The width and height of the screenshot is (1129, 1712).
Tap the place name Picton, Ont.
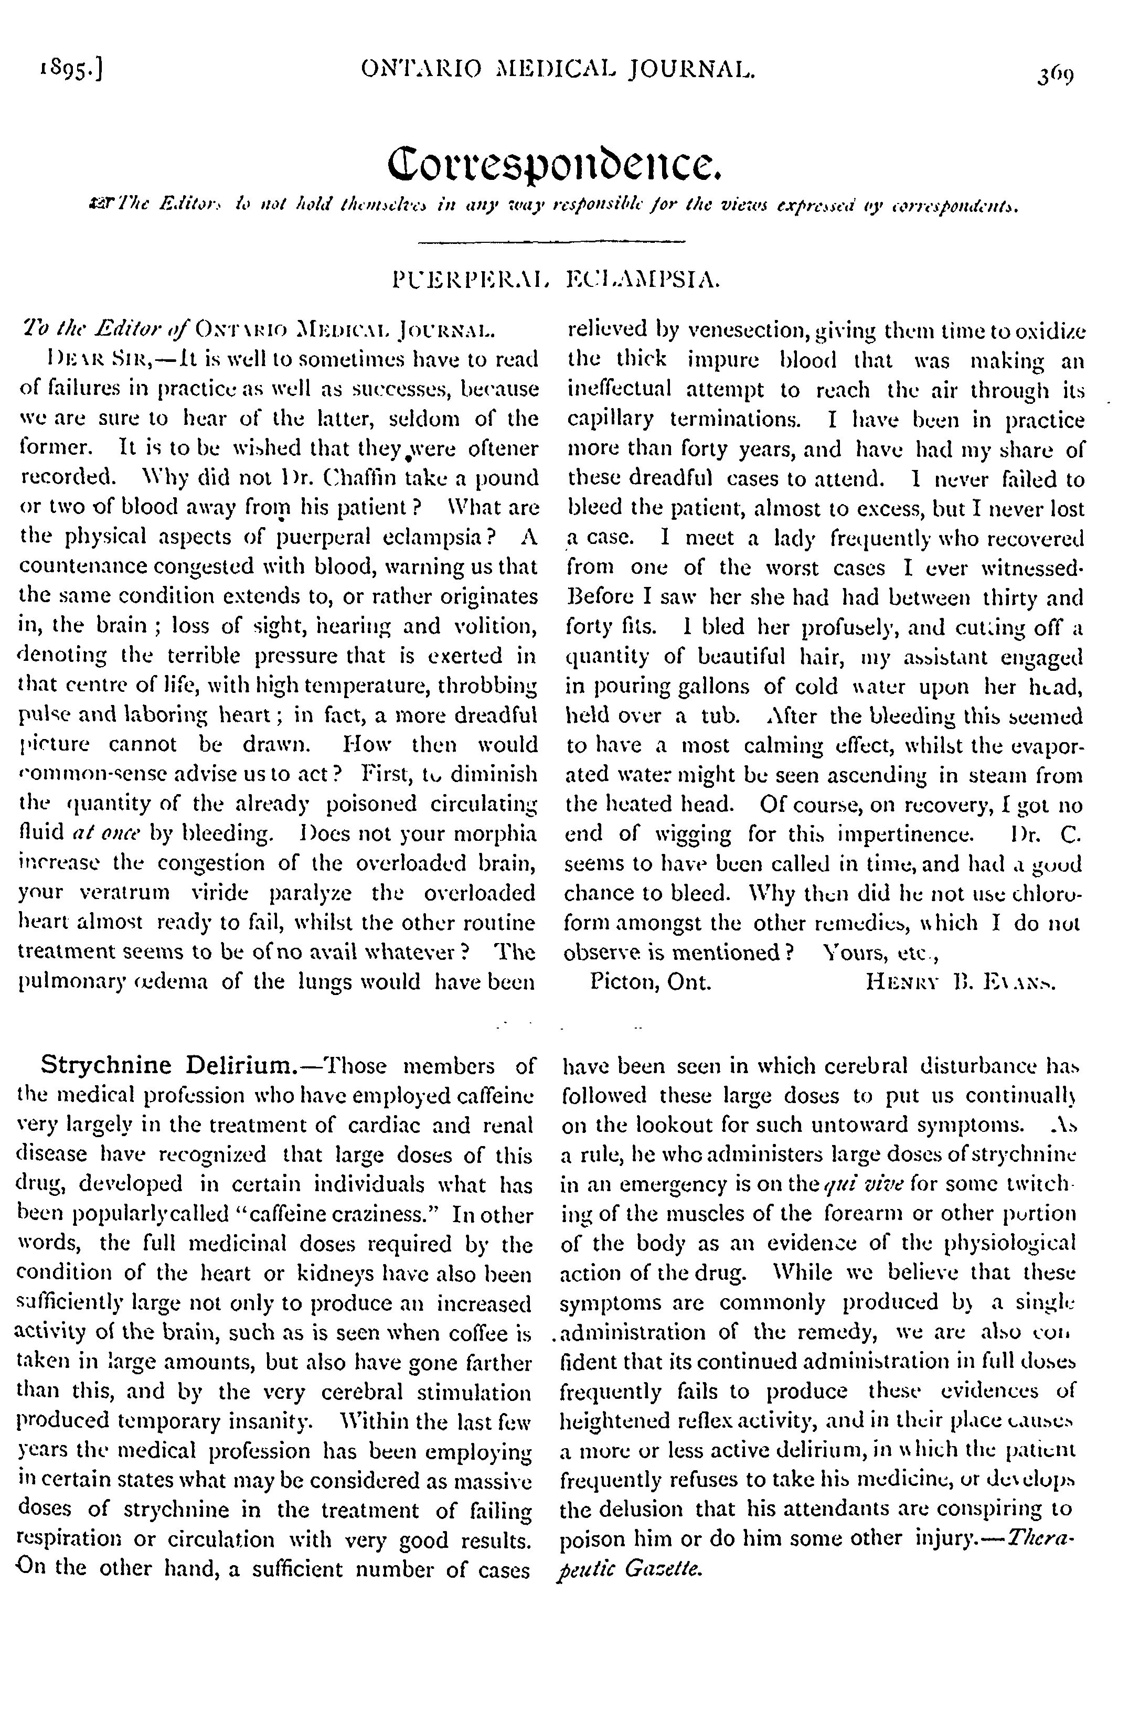point(650,982)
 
